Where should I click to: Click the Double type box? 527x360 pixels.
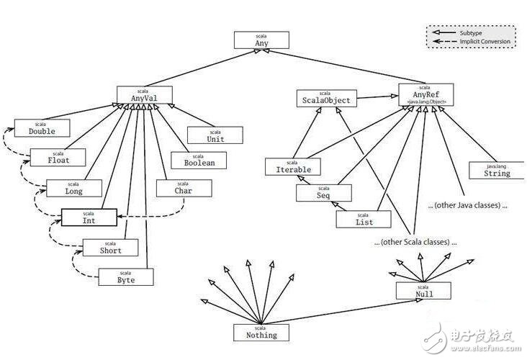point(42,128)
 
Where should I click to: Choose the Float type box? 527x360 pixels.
point(58,157)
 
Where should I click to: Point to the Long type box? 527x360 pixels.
point(74,188)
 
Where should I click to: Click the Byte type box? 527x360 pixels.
point(126,276)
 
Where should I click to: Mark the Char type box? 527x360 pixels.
point(184,189)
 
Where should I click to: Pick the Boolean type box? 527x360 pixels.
point(198,160)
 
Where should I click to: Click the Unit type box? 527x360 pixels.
point(215,135)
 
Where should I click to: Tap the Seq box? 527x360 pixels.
point(324,193)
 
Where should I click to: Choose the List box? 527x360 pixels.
point(364,219)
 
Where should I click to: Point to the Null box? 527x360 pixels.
point(423,290)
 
